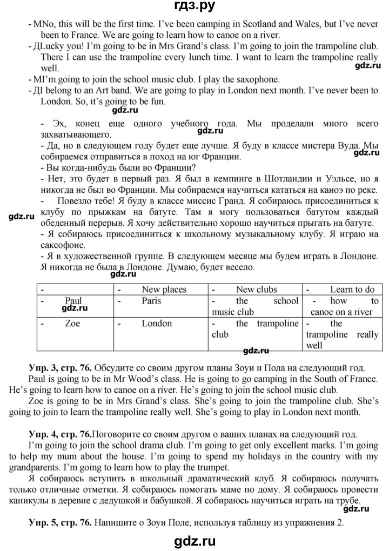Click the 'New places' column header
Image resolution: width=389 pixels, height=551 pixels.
coord(164,290)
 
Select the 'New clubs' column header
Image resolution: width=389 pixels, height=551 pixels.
coord(256,290)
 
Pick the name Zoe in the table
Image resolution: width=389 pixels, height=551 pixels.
coord(72,324)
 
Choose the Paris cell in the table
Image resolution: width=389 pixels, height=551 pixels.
coord(151,301)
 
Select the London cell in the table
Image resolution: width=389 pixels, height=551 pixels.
coord(157,324)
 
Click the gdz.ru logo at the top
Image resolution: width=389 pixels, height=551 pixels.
coord(194,7)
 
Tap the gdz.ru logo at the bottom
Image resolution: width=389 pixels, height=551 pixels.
coord(194,540)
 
